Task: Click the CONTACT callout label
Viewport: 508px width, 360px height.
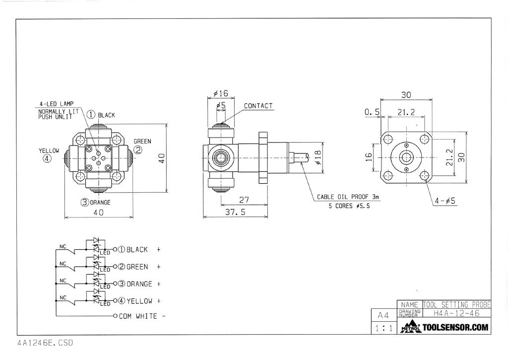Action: click(258, 106)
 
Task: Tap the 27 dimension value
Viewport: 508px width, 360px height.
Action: click(244, 200)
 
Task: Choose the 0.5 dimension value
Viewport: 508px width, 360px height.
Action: click(372, 113)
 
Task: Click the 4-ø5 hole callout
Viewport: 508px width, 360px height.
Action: click(445, 201)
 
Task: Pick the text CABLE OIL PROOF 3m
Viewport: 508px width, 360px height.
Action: click(348, 197)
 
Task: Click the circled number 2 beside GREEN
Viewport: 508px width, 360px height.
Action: click(138, 149)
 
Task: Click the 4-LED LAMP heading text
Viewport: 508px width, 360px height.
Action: click(56, 104)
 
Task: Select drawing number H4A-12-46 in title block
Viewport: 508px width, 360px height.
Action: click(456, 313)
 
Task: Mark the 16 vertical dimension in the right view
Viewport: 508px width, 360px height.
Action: click(369, 157)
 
